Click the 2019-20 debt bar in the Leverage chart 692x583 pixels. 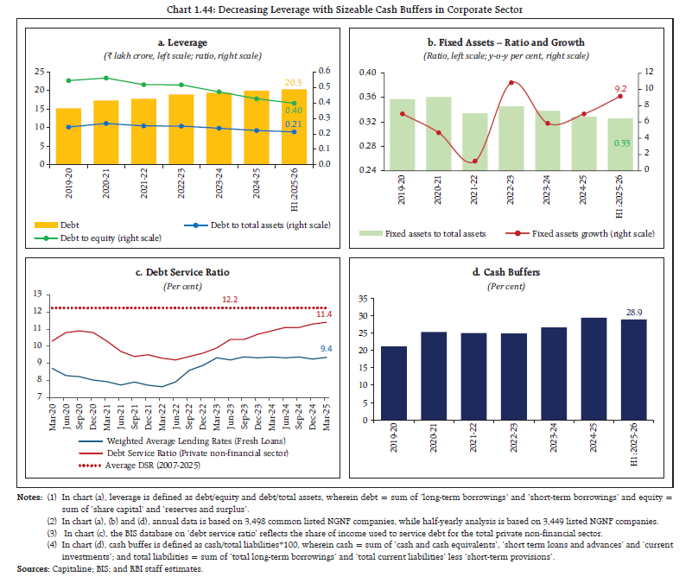(x=69, y=136)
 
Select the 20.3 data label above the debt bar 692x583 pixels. (x=295, y=83)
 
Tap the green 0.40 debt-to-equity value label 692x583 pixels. (x=295, y=111)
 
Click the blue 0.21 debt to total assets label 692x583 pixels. (x=295, y=126)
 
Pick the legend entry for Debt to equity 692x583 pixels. (x=87, y=238)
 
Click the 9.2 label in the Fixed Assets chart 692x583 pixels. (x=619, y=88)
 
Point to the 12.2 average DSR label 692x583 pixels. (x=231, y=299)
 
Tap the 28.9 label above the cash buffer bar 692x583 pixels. (x=634, y=310)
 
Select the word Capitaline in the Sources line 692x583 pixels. (x=73, y=569)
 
